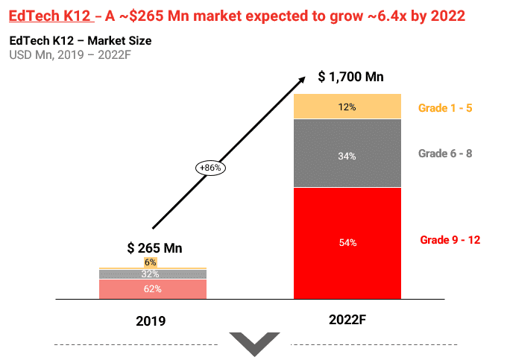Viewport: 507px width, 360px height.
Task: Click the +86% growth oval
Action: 210,168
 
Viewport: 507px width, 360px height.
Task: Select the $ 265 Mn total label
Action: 154,248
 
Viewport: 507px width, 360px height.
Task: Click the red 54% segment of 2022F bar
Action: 347,242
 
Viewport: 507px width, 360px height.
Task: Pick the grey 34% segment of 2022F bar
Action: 347,155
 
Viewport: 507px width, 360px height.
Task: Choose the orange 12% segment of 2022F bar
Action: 347,107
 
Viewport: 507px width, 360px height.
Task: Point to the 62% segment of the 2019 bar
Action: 153,288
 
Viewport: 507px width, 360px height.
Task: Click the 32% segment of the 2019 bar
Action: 153,274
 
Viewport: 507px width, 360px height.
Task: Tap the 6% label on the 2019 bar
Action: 151,262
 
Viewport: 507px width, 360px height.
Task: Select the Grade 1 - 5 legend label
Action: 445,108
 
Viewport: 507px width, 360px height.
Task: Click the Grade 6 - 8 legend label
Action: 445,154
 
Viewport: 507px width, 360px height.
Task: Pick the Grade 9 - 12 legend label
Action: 450,240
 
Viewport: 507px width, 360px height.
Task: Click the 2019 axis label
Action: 151,321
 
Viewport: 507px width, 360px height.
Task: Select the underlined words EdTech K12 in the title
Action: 48,16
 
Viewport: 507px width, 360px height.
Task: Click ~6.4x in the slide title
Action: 353,16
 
